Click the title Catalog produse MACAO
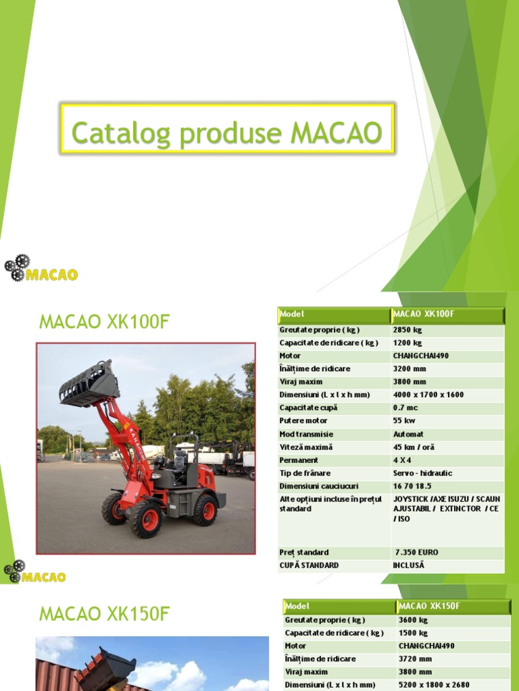click(x=226, y=132)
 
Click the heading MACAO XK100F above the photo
click(x=105, y=322)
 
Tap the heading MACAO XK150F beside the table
click(x=105, y=613)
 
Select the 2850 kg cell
click(x=407, y=329)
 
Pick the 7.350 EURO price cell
click(x=416, y=552)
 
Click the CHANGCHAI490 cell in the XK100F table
click(x=420, y=356)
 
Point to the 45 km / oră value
click(x=414, y=447)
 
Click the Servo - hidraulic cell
click(x=422, y=473)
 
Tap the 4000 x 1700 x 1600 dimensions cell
click(x=428, y=394)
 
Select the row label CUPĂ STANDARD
click(x=308, y=565)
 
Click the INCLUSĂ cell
click(x=408, y=565)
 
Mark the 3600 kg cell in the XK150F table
click(x=413, y=620)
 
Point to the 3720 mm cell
click(x=415, y=659)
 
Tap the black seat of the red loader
click(x=179, y=460)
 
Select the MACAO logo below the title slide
click(x=41, y=268)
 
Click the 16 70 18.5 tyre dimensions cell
click(x=412, y=486)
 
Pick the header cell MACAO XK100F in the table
click(x=423, y=314)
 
